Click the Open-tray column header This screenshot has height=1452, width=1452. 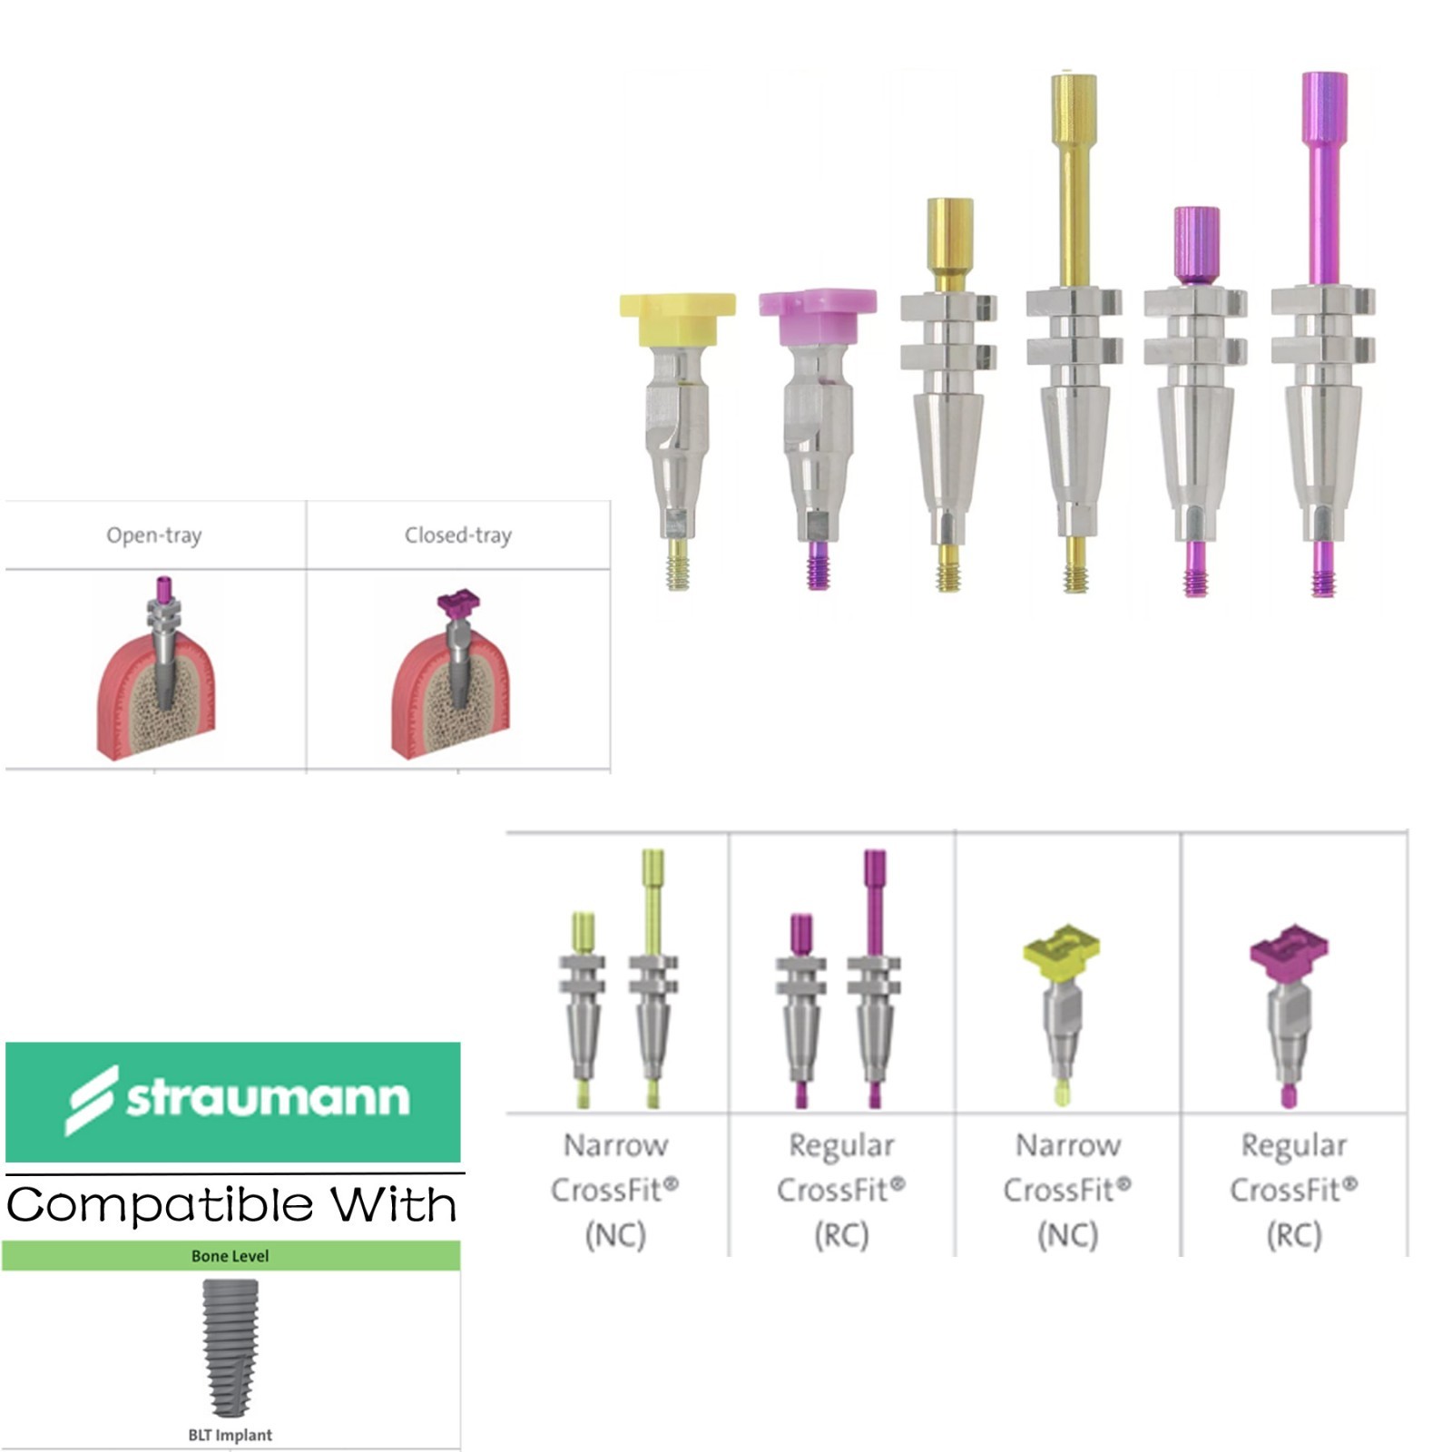point(154,535)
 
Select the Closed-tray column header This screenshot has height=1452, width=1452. point(458,535)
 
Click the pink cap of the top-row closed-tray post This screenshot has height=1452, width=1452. point(818,316)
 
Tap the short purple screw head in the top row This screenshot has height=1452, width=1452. point(1196,245)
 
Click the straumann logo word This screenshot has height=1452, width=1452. point(268,1097)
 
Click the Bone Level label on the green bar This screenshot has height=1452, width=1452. point(230,1256)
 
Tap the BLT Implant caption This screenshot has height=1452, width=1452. point(230,1435)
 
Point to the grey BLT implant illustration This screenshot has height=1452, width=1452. point(230,1348)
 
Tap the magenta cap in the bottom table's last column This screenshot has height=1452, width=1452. point(1289,949)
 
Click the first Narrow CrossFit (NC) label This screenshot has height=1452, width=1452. point(615,1190)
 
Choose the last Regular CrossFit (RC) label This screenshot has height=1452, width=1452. point(1294,1190)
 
